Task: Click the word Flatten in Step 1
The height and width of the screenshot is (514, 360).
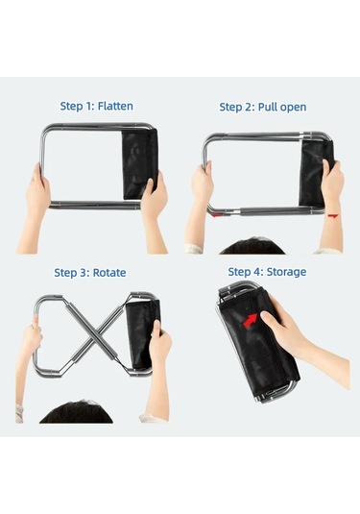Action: coord(115,107)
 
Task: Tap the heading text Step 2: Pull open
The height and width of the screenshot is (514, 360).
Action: coord(263,108)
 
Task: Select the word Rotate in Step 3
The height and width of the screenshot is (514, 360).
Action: coord(109,273)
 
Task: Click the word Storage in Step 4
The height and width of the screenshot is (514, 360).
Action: coord(286,272)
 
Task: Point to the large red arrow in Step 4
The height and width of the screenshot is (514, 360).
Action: coord(251,320)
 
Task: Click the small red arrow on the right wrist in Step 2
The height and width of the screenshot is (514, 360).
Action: coord(332,216)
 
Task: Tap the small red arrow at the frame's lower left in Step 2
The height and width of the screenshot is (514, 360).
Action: coord(217,215)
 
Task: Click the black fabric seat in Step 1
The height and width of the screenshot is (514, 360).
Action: coord(139,164)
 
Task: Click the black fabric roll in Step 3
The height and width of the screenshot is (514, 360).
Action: coord(141,334)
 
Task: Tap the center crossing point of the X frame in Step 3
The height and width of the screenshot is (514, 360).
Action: coord(94,333)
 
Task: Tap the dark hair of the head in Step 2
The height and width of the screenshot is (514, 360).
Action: coord(252,246)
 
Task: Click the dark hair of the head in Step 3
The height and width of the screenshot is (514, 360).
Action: coord(76,412)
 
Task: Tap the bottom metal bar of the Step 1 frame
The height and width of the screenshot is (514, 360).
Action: coord(95,206)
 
